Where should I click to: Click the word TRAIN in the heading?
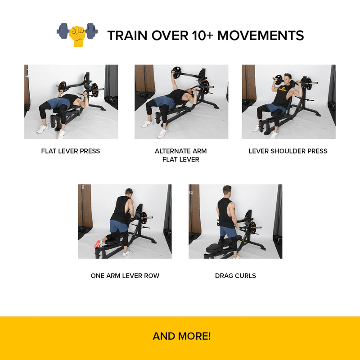tap(127, 36)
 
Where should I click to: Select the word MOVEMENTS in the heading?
tap(261, 36)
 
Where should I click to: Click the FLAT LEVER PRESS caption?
tap(71, 151)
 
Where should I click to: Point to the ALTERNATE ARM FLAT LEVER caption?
tap(181, 155)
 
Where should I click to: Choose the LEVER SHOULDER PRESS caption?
tap(288, 151)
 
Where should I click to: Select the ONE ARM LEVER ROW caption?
tap(125, 276)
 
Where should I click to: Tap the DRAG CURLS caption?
tap(235, 276)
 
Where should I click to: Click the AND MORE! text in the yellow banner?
tap(182, 336)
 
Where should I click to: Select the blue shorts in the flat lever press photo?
tap(57, 103)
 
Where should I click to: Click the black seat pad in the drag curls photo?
tap(215, 248)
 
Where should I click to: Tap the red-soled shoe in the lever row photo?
tap(98, 244)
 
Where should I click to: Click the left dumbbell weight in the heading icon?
tap(63, 31)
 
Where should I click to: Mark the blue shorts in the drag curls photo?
tap(228, 232)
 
